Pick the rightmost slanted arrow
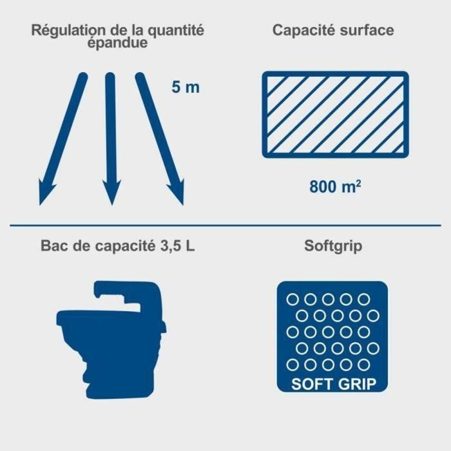click(x=160, y=139)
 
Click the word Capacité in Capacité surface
click(x=303, y=30)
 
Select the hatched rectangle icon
click(x=335, y=114)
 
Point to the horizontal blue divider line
click(x=225, y=225)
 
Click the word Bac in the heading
click(x=52, y=247)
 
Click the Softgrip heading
click(x=334, y=247)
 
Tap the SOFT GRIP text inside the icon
click(x=334, y=384)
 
